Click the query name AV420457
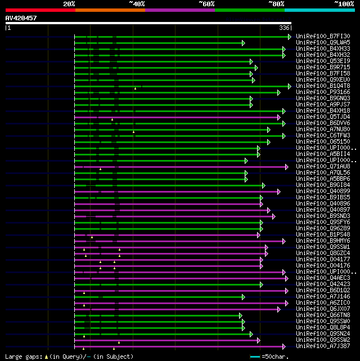pos(21,18)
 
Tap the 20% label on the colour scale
pos(69,3)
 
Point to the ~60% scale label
pos(206,3)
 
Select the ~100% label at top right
pos(343,3)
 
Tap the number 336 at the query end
pos(284,28)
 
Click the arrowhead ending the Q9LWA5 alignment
pos(244,43)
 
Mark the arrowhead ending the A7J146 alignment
pos(244,297)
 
